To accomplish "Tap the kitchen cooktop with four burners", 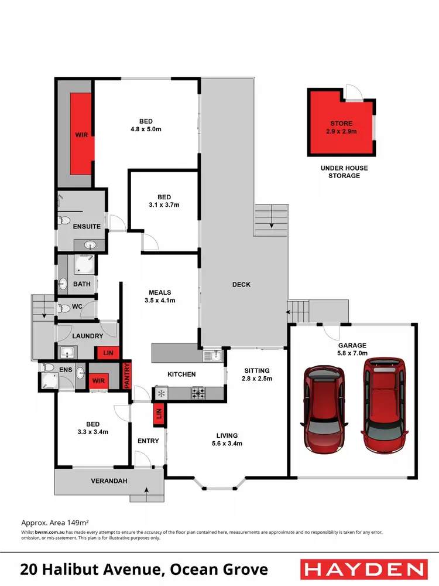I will [x=199, y=393].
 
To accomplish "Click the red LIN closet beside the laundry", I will [x=108, y=352].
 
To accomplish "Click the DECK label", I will [x=241, y=285].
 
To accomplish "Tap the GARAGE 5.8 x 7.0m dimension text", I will [x=352, y=350].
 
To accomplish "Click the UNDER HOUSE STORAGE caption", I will [x=344, y=172].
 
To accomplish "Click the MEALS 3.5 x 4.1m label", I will [x=160, y=297].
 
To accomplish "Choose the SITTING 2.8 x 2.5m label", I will [x=257, y=374].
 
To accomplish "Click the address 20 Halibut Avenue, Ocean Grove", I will [x=144, y=569].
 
